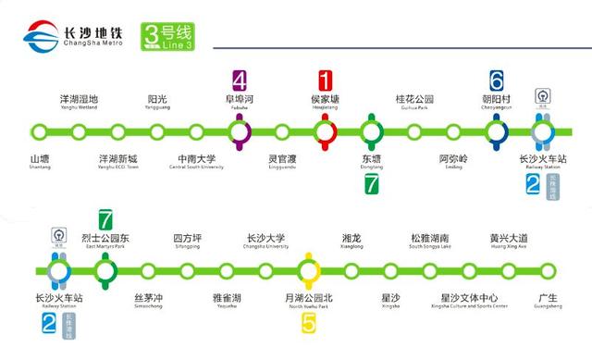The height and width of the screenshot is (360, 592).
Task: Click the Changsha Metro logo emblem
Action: [x=39, y=41]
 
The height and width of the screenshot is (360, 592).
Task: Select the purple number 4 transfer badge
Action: [x=240, y=80]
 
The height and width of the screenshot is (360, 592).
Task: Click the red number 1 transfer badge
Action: [x=325, y=80]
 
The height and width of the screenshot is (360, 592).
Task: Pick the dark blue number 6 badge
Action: [x=496, y=80]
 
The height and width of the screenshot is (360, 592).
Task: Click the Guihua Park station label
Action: [x=414, y=101]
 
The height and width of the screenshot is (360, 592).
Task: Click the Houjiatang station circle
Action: [x=325, y=130]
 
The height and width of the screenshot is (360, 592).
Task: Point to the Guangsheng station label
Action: [x=548, y=300]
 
